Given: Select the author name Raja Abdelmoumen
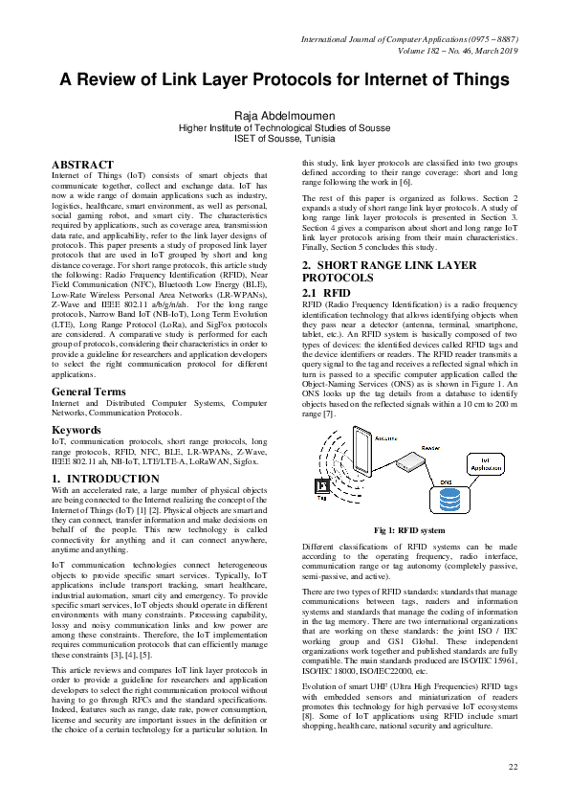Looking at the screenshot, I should [x=284, y=116].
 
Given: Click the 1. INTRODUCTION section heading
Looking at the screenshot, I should [x=105, y=478].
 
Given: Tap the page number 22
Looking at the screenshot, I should [x=513, y=767].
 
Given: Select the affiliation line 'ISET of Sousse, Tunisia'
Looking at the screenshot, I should [x=284, y=138].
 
